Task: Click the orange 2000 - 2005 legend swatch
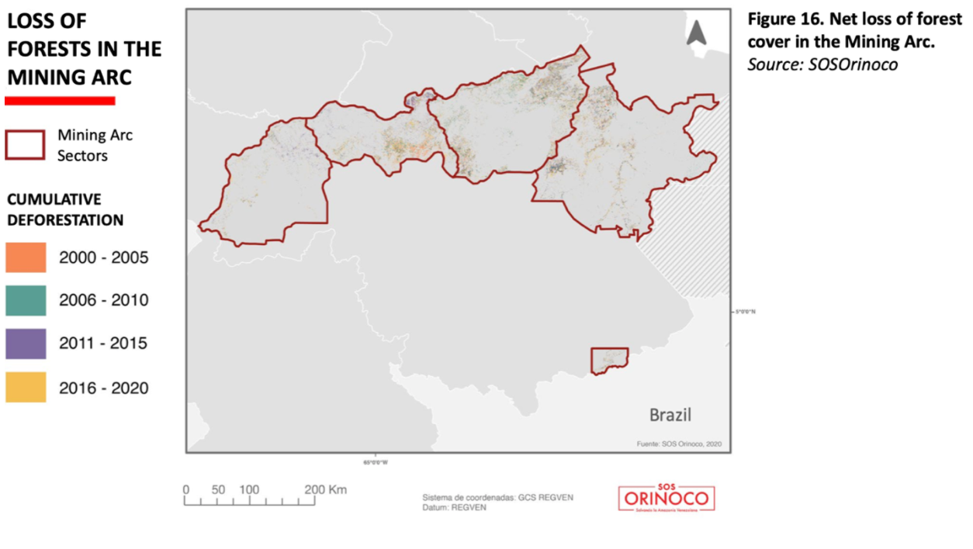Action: point(26,257)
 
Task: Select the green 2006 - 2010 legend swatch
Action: point(26,300)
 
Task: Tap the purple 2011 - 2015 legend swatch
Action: point(26,344)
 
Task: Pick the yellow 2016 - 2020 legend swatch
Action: point(26,387)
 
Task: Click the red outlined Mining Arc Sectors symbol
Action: point(26,145)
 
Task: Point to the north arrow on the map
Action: point(696,33)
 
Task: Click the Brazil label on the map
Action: point(670,415)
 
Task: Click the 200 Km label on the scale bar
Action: point(326,490)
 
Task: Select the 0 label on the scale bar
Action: point(186,490)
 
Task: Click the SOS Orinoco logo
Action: point(667,497)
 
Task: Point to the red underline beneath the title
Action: point(60,100)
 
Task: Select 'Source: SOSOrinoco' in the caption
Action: point(822,64)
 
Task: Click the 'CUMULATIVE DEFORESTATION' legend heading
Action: point(65,209)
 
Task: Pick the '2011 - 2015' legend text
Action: point(103,344)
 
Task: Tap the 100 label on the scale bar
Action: point(249,490)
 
